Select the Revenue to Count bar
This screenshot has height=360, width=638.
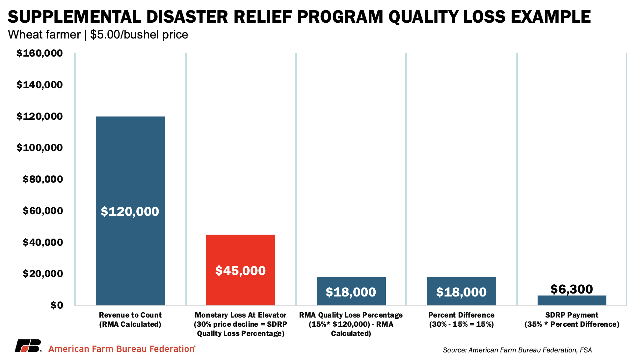point(130,165)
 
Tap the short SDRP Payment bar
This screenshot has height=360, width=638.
point(572,300)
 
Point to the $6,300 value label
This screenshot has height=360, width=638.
point(572,289)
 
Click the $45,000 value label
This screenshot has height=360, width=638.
point(240,271)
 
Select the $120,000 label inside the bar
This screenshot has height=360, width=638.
point(130,211)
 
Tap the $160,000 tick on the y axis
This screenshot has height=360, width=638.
point(40,53)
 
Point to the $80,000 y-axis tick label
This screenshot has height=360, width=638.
point(42,179)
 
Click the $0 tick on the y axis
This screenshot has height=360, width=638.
point(56,305)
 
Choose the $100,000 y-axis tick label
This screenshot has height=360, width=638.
point(40,148)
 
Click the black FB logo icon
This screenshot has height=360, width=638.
point(28,346)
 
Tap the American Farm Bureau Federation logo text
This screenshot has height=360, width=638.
point(122,349)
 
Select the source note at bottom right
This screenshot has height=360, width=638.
point(517,350)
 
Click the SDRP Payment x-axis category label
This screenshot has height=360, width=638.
point(572,320)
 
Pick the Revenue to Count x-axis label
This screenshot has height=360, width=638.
point(130,320)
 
